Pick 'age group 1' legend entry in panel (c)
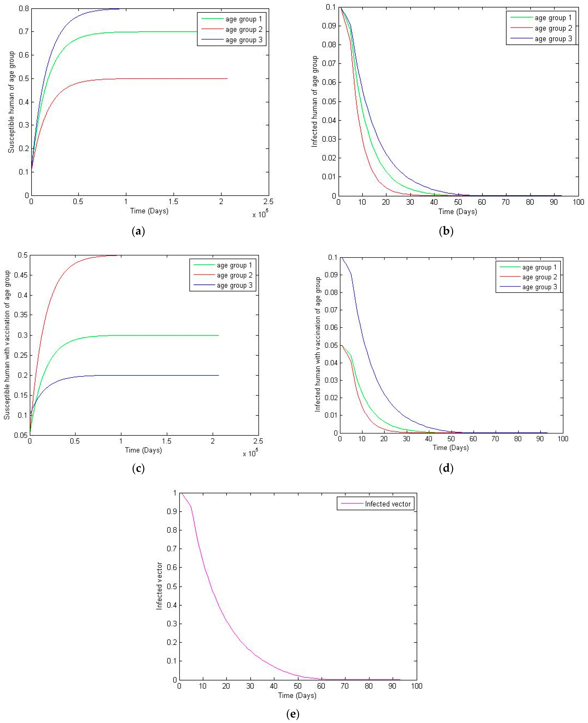(x=234, y=265)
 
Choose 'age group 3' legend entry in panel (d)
(x=539, y=287)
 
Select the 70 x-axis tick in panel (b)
(x=506, y=202)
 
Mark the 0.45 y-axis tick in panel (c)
(x=21, y=275)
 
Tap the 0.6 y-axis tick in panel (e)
(x=172, y=567)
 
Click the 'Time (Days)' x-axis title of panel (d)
(x=450, y=448)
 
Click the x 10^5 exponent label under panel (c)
(x=250, y=453)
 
